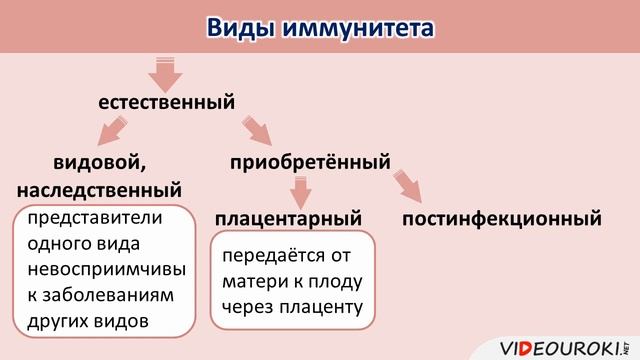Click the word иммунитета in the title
(x=359, y=27)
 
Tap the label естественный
(x=166, y=102)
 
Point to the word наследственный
(x=99, y=189)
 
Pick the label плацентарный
(x=287, y=217)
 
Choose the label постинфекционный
(x=501, y=217)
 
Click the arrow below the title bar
(x=166, y=73)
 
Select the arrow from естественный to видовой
(x=113, y=131)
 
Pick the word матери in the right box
(x=253, y=281)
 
